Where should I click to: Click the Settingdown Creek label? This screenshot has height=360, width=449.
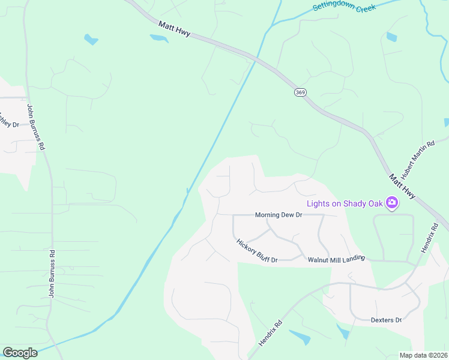(345, 7)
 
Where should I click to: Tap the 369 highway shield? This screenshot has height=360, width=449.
(300, 92)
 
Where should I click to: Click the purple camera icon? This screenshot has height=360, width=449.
(392, 203)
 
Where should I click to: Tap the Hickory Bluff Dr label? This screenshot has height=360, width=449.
(256, 251)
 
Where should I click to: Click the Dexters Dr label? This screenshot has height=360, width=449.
(386, 320)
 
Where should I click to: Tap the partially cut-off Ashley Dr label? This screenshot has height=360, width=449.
(9, 120)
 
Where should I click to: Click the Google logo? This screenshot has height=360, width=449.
(20, 352)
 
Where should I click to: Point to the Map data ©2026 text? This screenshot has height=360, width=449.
(423, 355)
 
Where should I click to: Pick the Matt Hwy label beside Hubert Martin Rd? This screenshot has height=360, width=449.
(401, 187)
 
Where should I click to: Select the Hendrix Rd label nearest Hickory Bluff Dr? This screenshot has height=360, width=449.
(270, 331)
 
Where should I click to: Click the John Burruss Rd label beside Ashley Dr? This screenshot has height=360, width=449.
(35, 127)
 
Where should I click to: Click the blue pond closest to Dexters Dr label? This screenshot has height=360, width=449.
(343, 331)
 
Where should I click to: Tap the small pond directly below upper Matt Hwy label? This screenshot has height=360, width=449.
(159, 38)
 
